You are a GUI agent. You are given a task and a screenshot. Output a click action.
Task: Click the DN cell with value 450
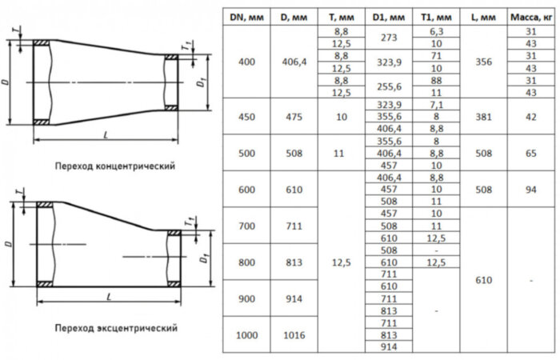(x=247, y=116)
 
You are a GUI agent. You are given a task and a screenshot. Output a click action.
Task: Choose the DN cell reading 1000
(x=247, y=335)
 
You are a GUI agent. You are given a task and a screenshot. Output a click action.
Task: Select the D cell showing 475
(x=295, y=116)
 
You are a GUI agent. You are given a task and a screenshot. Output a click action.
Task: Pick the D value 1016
(x=295, y=335)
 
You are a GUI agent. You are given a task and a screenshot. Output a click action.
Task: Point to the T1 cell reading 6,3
(x=436, y=31)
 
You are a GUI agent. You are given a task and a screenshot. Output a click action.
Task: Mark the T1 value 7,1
(x=436, y=104)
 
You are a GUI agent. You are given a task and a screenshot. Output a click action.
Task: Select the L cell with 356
(x=484, y=62)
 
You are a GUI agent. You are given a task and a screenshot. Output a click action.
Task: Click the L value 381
(x=484, y=116)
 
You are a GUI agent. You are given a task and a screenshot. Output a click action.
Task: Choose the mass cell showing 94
(x=530, y=190)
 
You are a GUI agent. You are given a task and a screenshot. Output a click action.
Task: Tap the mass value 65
(x=530, y=153)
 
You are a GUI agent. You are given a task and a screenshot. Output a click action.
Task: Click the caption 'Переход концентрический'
(x=115, y=166)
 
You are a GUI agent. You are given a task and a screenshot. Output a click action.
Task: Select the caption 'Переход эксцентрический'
(x=115, y=328)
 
